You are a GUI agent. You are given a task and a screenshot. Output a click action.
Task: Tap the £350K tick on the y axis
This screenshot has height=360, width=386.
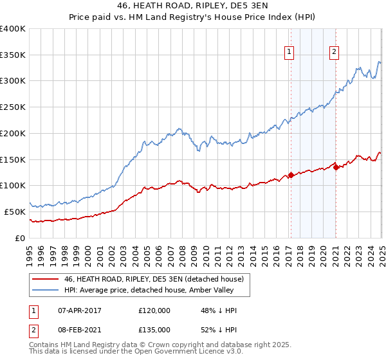[13, 55]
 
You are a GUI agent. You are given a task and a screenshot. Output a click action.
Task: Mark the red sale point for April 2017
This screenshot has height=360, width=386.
[291, 175]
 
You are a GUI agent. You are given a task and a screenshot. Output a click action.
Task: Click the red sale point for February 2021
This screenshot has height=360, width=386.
[336, 168]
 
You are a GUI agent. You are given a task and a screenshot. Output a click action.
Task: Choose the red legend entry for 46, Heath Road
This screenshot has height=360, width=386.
[153, 279]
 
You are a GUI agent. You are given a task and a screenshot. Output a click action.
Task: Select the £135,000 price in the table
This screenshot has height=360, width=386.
[154, 330]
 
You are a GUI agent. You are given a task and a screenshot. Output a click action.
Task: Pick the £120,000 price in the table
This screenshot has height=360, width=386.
[154, 310]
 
